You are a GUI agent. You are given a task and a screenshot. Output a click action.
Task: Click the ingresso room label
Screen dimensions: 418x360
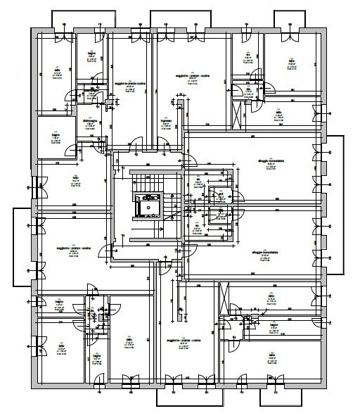[166, 121]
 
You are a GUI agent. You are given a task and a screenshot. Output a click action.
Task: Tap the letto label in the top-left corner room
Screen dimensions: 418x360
[58, 70]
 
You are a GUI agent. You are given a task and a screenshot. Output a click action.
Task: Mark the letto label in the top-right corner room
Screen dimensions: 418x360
[291, 61]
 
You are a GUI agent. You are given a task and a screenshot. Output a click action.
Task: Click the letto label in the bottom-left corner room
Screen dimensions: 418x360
[62, 346]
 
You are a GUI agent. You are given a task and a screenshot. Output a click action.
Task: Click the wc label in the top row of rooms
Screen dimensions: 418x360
[248, 53]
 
